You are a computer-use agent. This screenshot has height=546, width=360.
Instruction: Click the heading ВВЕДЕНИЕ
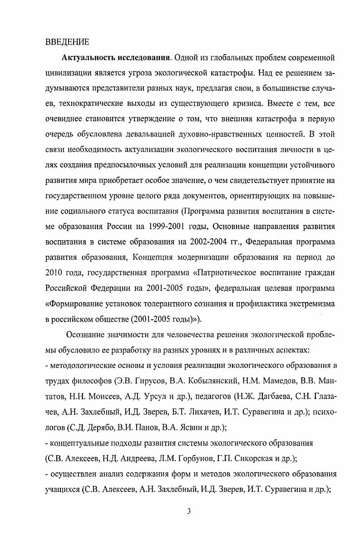point(68,42)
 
